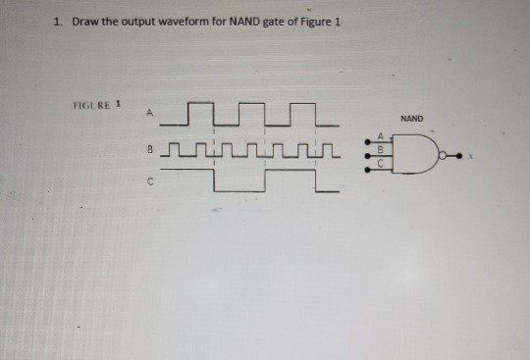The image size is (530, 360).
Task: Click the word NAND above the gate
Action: (412, 119)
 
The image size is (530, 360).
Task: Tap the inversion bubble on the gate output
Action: (445, 154)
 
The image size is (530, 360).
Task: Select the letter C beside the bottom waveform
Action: (150, 180)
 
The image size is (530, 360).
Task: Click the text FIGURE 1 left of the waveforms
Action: (93, 102)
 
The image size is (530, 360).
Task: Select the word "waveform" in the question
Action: (184, 23)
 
